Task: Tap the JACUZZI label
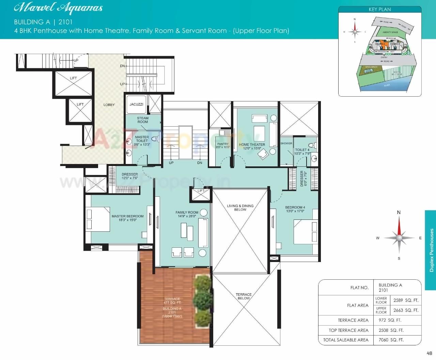[136, 104]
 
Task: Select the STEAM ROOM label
[143, 120]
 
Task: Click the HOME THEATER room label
[252, 146]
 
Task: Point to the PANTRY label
[223, 146]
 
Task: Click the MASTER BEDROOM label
[127, 218]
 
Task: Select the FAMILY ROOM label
[187, 214]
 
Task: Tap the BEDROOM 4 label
[295, 209]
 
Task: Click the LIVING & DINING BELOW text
[240, 208]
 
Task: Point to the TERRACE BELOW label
[244, 296]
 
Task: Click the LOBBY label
[109, 105]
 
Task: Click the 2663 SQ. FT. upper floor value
[406, 310]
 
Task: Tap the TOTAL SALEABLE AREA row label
[346, 340]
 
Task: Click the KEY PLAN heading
[380, 10]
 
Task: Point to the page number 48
[429, 353]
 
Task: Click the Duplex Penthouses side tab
[431, 250]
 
